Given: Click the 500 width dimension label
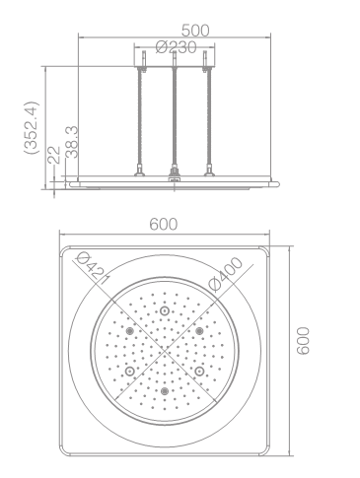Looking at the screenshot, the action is point(195,31).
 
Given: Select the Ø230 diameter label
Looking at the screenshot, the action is point(177,47).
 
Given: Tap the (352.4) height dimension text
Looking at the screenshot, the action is point(32,127).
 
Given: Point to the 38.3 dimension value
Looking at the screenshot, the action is point(71,142).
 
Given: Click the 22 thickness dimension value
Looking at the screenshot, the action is point(54,155).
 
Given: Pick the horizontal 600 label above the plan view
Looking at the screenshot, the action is point(164,225).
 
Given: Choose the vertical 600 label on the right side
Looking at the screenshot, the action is point(303,341).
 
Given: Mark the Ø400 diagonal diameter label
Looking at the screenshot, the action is point(226,274).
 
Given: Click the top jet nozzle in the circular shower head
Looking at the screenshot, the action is point(164,310).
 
